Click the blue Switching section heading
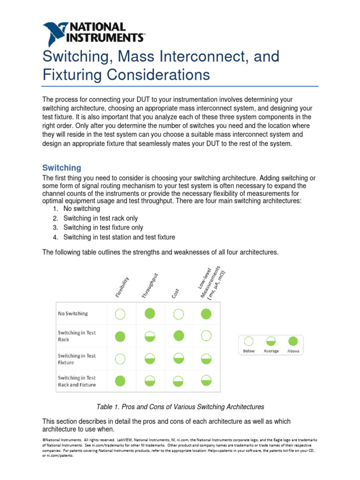click(x=61, y=168)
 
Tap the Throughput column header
click(x=150, y=286)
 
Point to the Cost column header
click(x=175, y=294)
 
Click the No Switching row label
click(x=73, y=314)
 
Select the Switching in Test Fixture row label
click(x=76, y=359)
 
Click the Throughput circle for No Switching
click(x=150, y=314)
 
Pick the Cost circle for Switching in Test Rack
click(x=178, y=336)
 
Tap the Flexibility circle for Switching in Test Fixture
click(x=120, y=359)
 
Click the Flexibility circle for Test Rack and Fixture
click(x=120, y=381)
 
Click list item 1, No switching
click(x=82, y=209)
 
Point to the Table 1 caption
click(x=180, y=406)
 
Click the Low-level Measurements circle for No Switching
click(x=206, y=314)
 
